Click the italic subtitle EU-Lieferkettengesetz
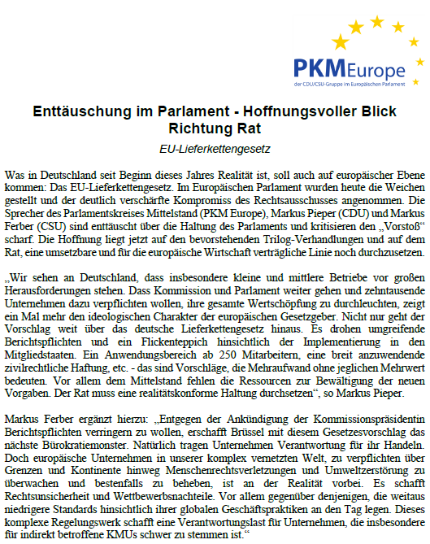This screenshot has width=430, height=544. click(x=214, y=150)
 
